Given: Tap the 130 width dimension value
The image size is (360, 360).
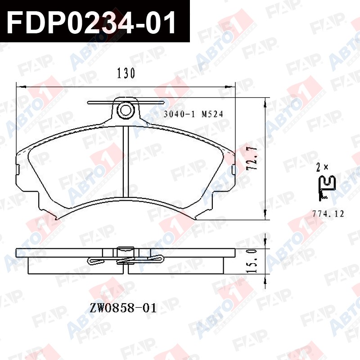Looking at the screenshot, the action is pyautogui.click(x=126, y=73).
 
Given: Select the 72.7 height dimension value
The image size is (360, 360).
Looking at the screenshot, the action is pyautogui.click(x=252, y=158).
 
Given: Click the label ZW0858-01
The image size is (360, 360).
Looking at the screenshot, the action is pyautogui.click(x=123, y=308).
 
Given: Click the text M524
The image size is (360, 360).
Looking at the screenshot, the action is pyautogui.click(x=212, y=114).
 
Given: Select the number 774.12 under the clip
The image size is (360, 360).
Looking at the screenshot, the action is pyautogui.click(x=328, y=214).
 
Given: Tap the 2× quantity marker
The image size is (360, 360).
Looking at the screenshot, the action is pyautogui.click(x=322, y=167).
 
